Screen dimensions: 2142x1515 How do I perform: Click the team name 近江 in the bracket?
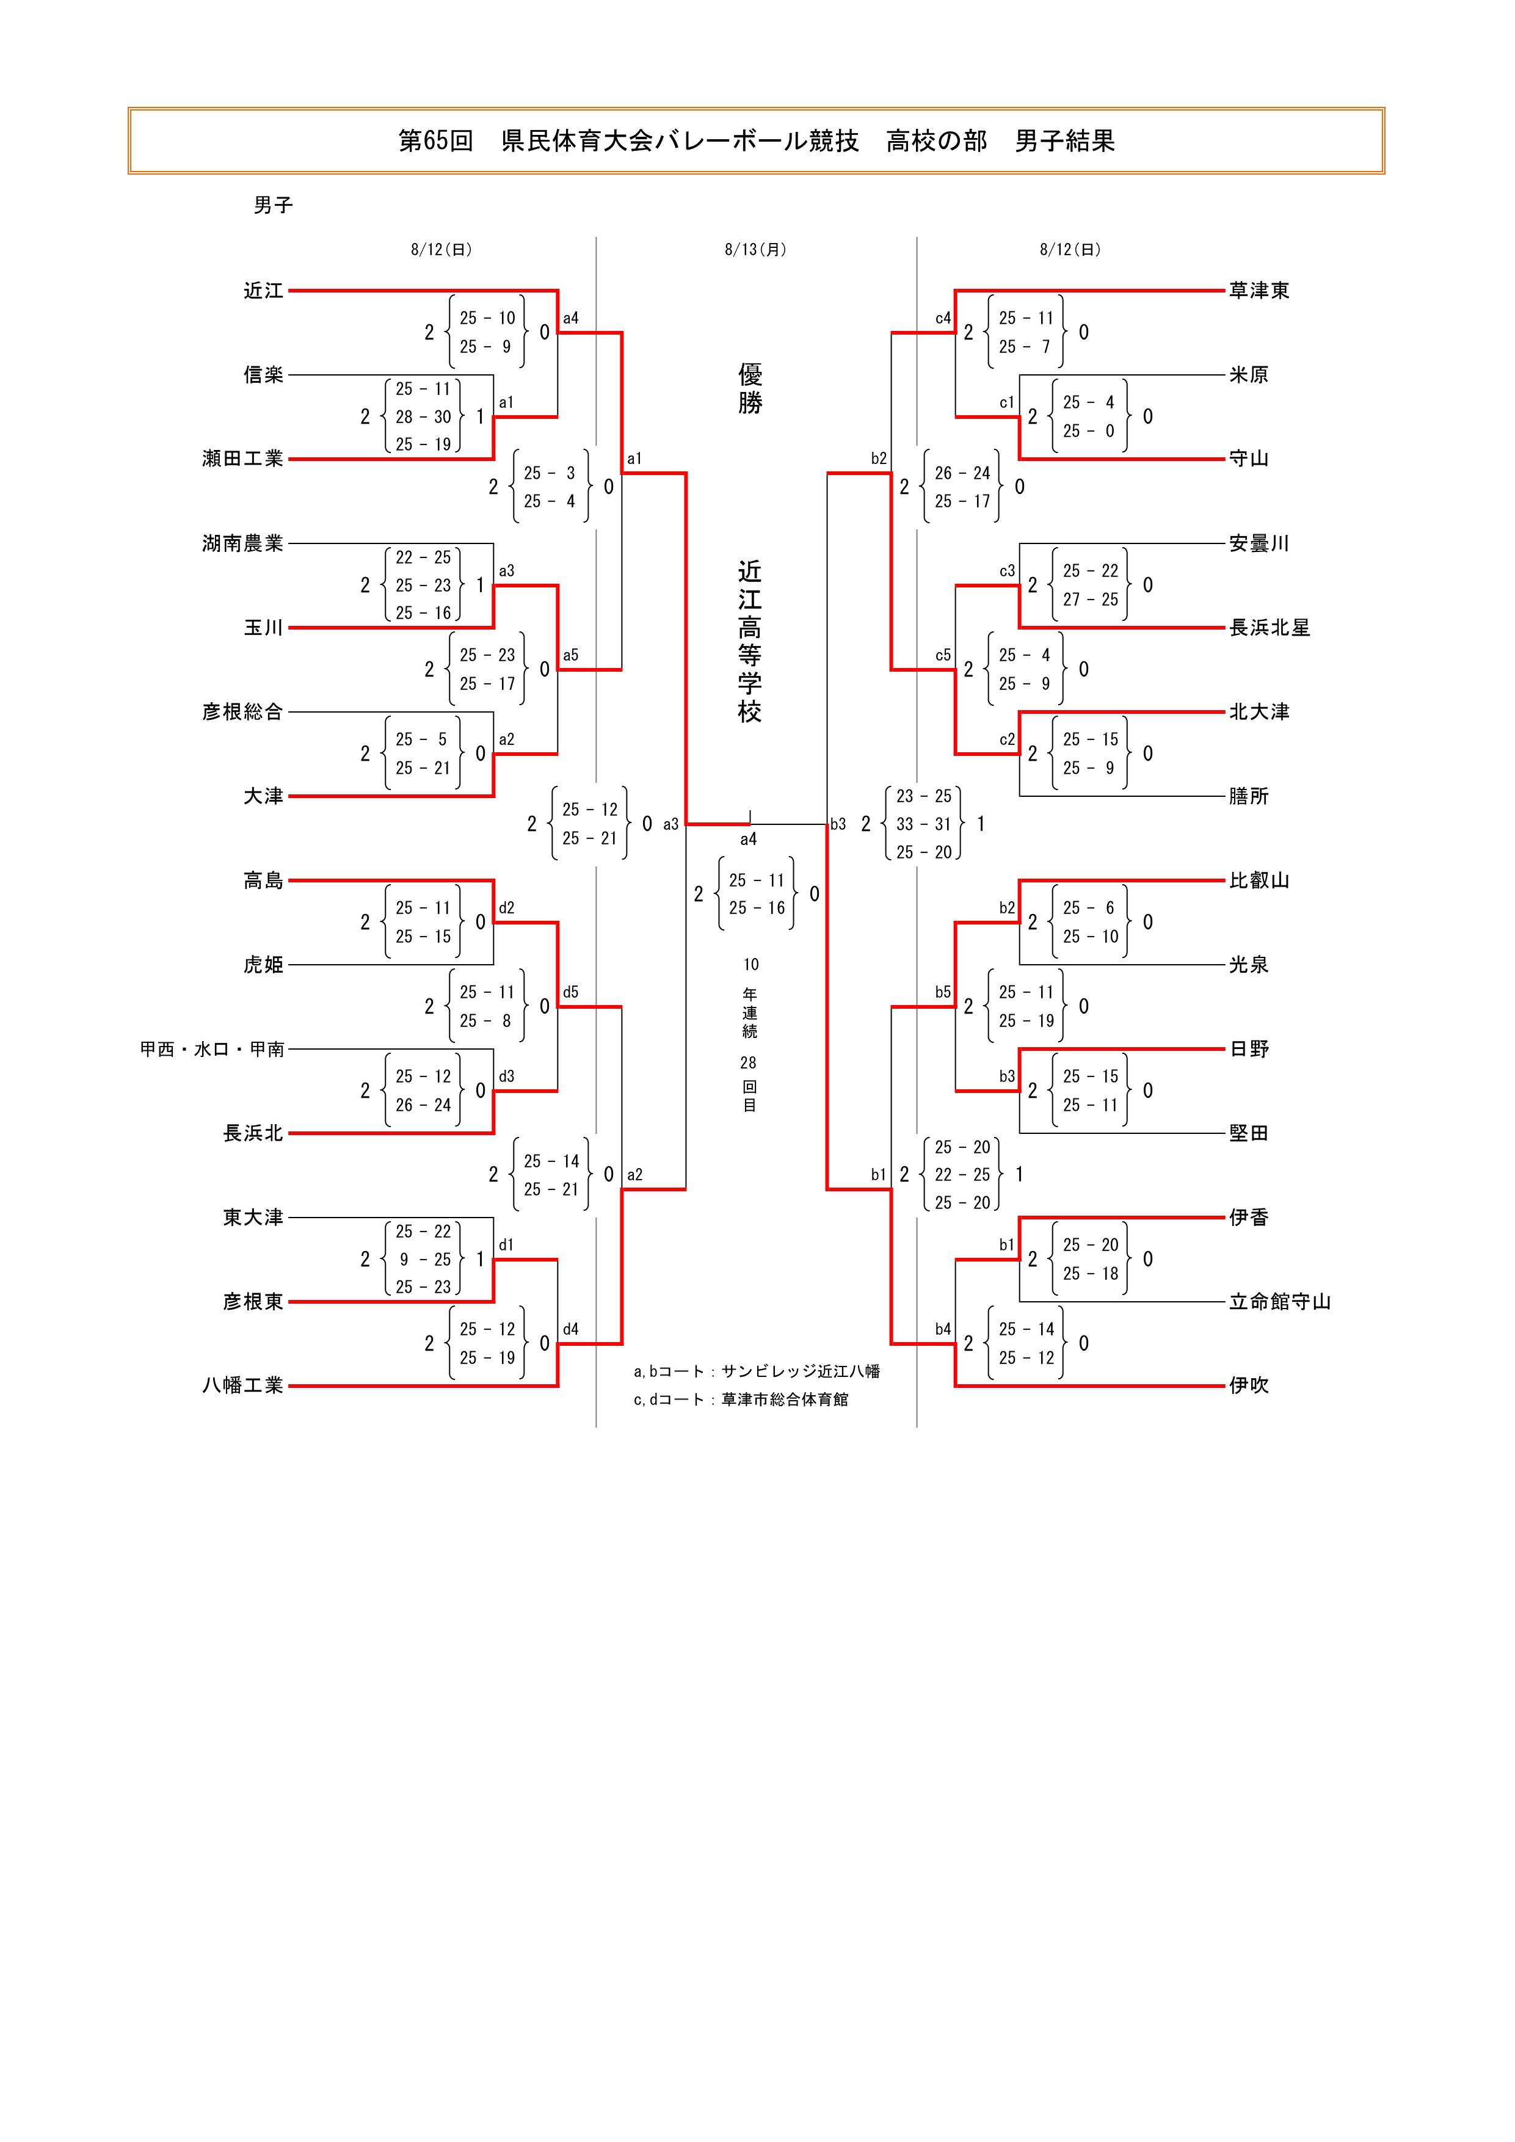click(x=263, y=291)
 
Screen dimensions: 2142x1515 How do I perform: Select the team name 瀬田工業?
click(x=242, y=459)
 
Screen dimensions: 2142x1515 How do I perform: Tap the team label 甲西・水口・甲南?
click(x=212, y=1050)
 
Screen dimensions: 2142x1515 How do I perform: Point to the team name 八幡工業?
click(x=242, y=1386)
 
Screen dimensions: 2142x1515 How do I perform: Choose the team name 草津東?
click(x=1259, y=291)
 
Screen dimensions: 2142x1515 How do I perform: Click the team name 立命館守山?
click(x=1279, y=1302)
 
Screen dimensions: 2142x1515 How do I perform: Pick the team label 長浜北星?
click(x=1270, y=628)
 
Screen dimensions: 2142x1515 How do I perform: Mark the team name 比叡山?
click(x=1259, y=880)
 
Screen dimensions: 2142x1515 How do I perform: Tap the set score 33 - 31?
click(x=923, y=825)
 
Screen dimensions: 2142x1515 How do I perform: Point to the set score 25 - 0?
click(x=1089, y=431)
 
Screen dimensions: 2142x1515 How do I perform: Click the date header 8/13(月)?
click(x=755, y=250)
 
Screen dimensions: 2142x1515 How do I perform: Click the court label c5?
click(x=943, y=656)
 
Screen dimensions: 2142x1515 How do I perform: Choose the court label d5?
click(x=571, y=993)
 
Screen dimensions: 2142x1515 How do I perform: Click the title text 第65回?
click(x=435, y=141)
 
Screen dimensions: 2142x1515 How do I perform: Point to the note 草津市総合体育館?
click(x=785, y=1400)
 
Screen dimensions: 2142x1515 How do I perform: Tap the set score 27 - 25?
click(x=1089, y=600)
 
